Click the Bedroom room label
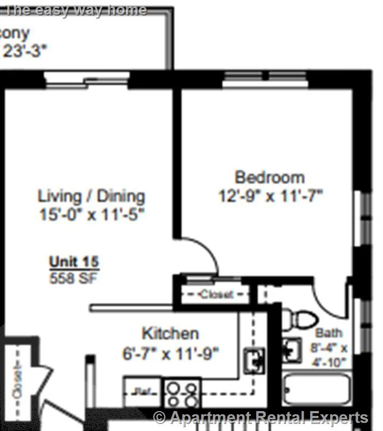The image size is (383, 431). pyautogui.click(x=270, y=177)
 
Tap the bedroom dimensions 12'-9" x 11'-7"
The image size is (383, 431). pyautogui.click(x=270, y=196)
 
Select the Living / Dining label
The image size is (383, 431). pyautogui.click(x=91, y=195)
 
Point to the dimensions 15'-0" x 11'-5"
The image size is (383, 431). pyautogui.click(x=92, y=214)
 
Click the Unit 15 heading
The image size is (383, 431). pyautogui.click(x=74, y=262)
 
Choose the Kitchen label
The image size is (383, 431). pyautogui.click(x=170, y=333)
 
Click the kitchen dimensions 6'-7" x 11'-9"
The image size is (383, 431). pyautogui.click(x=170, y=354)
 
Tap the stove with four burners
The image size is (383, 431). pyautogui.click(x=182, y=394)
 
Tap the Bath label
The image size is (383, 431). pyautogui.click(x=329, y=333)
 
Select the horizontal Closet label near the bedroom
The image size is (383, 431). pyautogui.click(x=216, y=295)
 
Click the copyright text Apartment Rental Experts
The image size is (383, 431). pyautogui.click(x=262, y=418)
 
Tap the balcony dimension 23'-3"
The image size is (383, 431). pyautogui.click(x=25, y=51)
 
